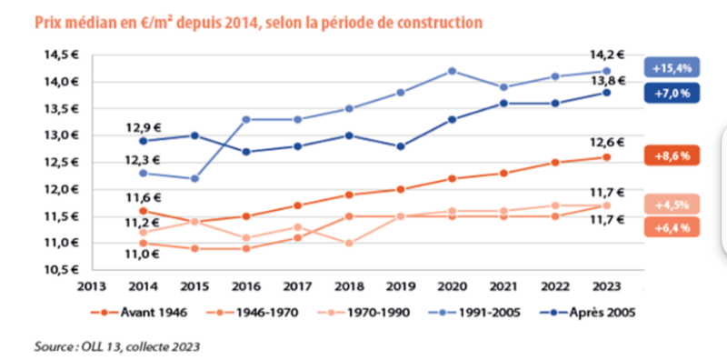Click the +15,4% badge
tap(672, 68)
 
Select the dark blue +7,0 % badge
tap(672, 94)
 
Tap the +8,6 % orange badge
tap(672, 156)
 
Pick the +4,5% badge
tap(672, 205)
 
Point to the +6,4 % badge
tap(672, 227)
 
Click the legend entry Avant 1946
tap(139, 313)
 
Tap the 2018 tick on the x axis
tap(349, 286)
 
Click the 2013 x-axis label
tap(92, 286)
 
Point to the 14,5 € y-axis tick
tap(62, 55)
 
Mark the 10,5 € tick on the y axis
tap(62, 269)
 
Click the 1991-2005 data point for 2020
tap(452, 71)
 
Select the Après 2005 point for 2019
tap(401, 146)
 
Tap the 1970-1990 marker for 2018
tap(349, 243)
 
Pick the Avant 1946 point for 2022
tap(555, 163)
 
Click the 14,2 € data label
tap(607, 55)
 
